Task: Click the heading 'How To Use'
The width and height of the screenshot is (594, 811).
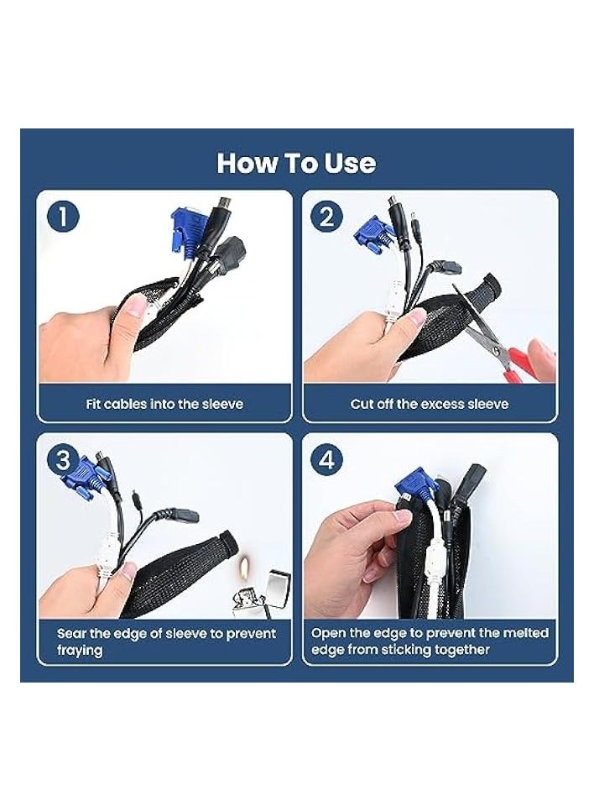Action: [296, 163]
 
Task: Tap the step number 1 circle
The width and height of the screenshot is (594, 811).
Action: [63, 217]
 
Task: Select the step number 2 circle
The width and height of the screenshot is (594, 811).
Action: [326, 217]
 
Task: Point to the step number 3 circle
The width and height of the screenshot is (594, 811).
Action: [63, 459]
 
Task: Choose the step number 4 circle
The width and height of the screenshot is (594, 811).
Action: [326, 459]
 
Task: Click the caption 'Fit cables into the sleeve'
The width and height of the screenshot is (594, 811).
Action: [164, 404]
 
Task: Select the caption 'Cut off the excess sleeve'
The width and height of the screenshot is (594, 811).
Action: [429, 404]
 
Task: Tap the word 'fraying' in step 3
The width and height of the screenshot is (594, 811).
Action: [80, 651]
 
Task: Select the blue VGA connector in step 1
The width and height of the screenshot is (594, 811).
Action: [184, 230]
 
